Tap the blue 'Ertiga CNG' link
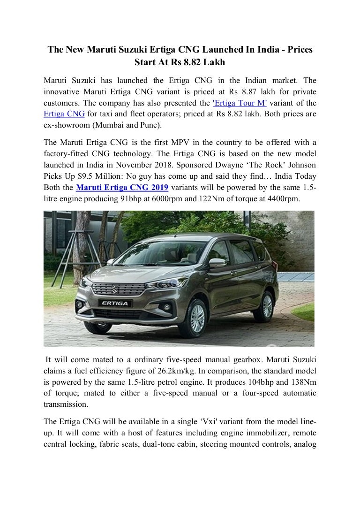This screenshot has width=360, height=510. pyautogui.click(x=61, y=114)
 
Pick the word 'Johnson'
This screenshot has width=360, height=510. pyautogui.click(x=300, y=166)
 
